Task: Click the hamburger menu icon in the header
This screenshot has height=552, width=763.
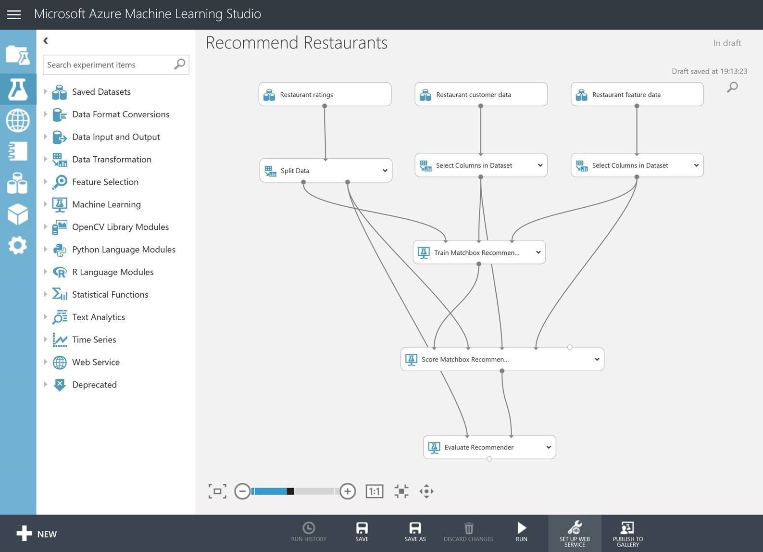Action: (x=14, y=14)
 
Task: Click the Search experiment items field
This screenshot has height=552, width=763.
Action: (x=116, y=65)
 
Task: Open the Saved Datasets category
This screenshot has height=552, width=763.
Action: (x=101, y=92)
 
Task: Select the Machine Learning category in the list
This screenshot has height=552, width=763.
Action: (x=106, y=204)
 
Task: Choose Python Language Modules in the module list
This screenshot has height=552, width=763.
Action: (x=124, y=250)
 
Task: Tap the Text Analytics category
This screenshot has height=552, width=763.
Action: (x=99, y=317)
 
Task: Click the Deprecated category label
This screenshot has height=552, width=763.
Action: (x=94, y=385)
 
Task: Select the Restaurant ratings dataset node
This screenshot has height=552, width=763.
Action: (x=325, y=94)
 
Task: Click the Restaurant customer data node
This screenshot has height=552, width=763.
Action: (x=481, y=94)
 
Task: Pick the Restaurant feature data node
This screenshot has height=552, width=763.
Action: (x=637, y=94)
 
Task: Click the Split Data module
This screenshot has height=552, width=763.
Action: (x=325, y=170)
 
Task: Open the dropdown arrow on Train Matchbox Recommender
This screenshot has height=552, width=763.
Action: (x=538, y=252)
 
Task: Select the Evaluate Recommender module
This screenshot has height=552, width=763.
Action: (x=489, y=447)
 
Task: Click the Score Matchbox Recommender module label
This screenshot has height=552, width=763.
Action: (x=465, y=360)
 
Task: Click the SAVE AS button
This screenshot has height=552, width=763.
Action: (x=415, y=532)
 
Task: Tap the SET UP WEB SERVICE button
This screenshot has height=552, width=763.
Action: (x=575, y=534)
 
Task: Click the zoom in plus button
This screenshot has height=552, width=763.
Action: (x=348, y=491)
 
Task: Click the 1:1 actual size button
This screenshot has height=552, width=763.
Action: (x=375, y=491)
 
